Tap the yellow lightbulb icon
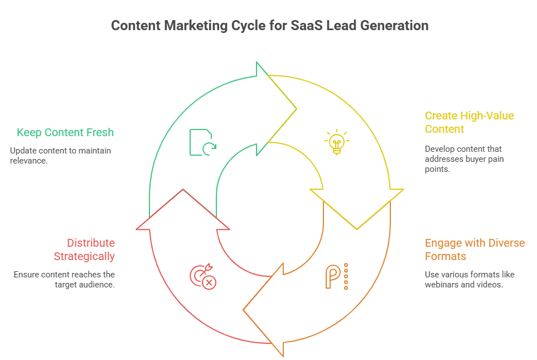tap(337, 142)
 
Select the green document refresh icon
tap(203, 142)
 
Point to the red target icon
tap(203, 277)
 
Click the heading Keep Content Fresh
tap(65, 132)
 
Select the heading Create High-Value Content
tap(469, 122)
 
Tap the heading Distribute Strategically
tap(84, 249)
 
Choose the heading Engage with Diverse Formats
tap(475, 249)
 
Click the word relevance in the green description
tap(28, 161)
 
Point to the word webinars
tap(441, 285)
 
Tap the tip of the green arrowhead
tap(296, 109)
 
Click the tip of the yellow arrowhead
tap(357, 229)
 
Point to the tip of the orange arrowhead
tap(244, 310)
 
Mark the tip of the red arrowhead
tap(183, 189)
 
